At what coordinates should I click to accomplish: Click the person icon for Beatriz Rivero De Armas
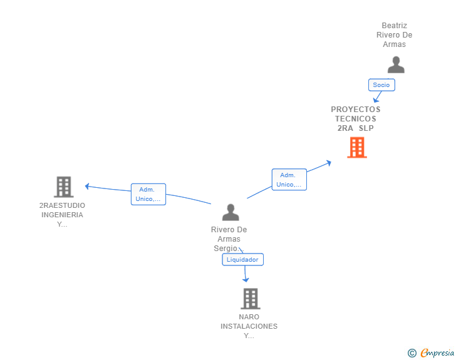pyautogui.click(x=396, y=64)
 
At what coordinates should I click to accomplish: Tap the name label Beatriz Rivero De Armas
pyautogui.click(x=395, y=35)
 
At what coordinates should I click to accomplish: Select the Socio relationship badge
pyautogui.click(x=381, y=85)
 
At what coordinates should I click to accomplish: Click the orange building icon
pyautogui.click(x=356, y=147)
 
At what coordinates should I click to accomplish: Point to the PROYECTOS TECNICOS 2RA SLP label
pyautogui.click(x=356, y=118)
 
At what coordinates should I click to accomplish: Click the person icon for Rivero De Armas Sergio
pyautogui.click(x=231, y=212)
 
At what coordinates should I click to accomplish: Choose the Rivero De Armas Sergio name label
pyautogui.click(x=229, y=239)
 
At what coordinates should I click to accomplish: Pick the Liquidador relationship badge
pyautogui.click(x=242, y=259)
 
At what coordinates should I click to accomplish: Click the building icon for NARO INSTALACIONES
pyautogui.click(x=250, y=299)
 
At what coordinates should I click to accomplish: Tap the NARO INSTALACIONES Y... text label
pyautogui.click(x=249, y=326)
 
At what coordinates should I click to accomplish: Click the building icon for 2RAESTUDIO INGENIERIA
pyautogui.click(x=63, y=187)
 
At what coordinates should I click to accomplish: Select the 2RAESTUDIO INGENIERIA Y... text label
pyautogui.click(x=63, y=215)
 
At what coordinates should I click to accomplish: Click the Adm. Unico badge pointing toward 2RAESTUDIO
pyautogui.click(x=148, y=194)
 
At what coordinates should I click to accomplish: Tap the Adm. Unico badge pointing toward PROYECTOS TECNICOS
pyautogui.click(x=289, y=180)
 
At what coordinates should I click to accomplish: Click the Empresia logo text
pyautogui.click(x=437, y=353)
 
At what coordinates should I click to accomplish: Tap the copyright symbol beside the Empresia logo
pyautogui.click(x=412, y=354)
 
